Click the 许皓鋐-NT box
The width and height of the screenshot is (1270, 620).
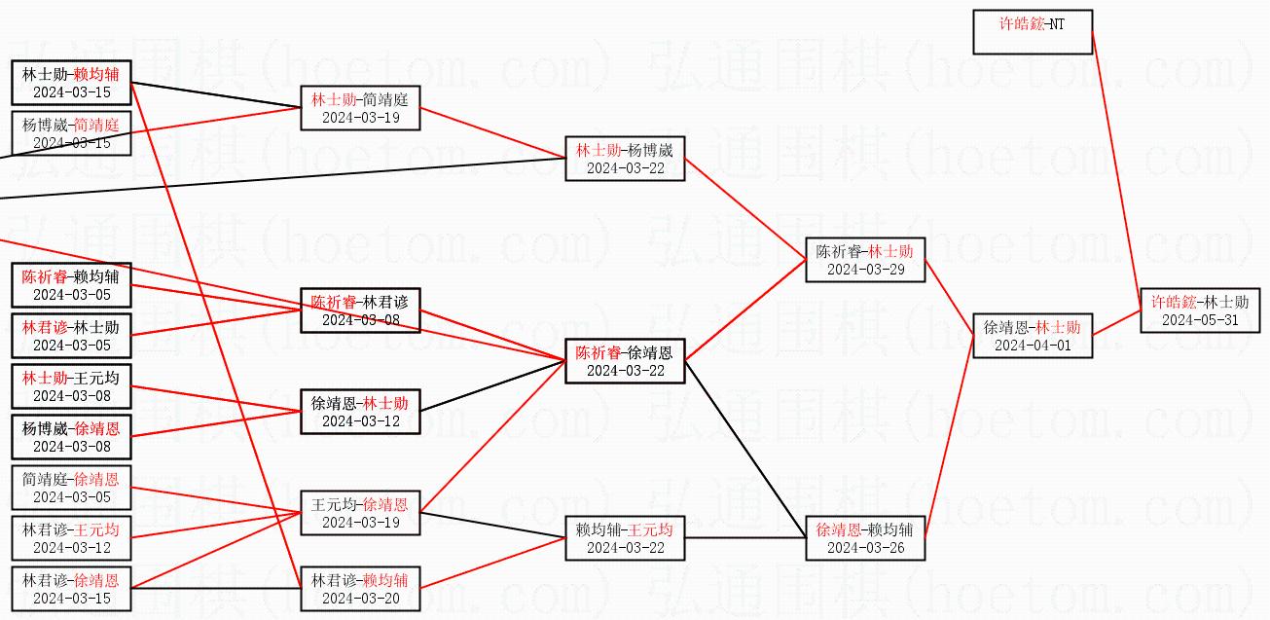click(x=1033, y=32)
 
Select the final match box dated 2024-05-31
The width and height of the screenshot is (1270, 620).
click(x=1200, y=310)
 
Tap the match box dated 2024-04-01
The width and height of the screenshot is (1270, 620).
click(x=1033, y=336)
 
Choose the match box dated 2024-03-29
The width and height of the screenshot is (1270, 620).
click(x=865, y=260)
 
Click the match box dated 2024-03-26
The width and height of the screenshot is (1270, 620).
click(x=865, y=538)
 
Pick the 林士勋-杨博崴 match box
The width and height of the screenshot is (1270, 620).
click(x=625, y=159)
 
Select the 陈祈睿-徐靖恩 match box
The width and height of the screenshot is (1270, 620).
click(x=625, y=361)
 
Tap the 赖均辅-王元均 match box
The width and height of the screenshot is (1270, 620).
click(x=625, y=538)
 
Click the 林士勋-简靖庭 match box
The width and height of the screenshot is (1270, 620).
click(x=360, y=108)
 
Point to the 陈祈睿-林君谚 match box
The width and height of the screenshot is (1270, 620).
click(x=360, y=310)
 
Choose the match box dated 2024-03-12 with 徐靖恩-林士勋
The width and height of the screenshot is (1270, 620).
click(x=360, y=412)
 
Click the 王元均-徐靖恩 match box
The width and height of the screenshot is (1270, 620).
click(x=360, y=513)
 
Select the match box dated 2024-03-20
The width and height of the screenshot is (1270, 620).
click(x=360, y=589)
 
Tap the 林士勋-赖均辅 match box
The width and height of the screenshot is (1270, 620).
click(x=71, y=83)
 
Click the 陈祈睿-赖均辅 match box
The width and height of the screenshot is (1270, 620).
click(x=71, y=285)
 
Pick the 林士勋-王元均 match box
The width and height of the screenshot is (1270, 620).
click(x=71, y=386)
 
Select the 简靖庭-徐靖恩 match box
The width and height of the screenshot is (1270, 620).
click(x=71, y=488)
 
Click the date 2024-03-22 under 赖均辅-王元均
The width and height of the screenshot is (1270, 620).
click(x=625, y=548)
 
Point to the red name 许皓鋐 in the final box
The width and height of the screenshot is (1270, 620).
click(x=1172, y=302)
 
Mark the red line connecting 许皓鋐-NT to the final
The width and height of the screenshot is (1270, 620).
click(x=1116, y=170)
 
